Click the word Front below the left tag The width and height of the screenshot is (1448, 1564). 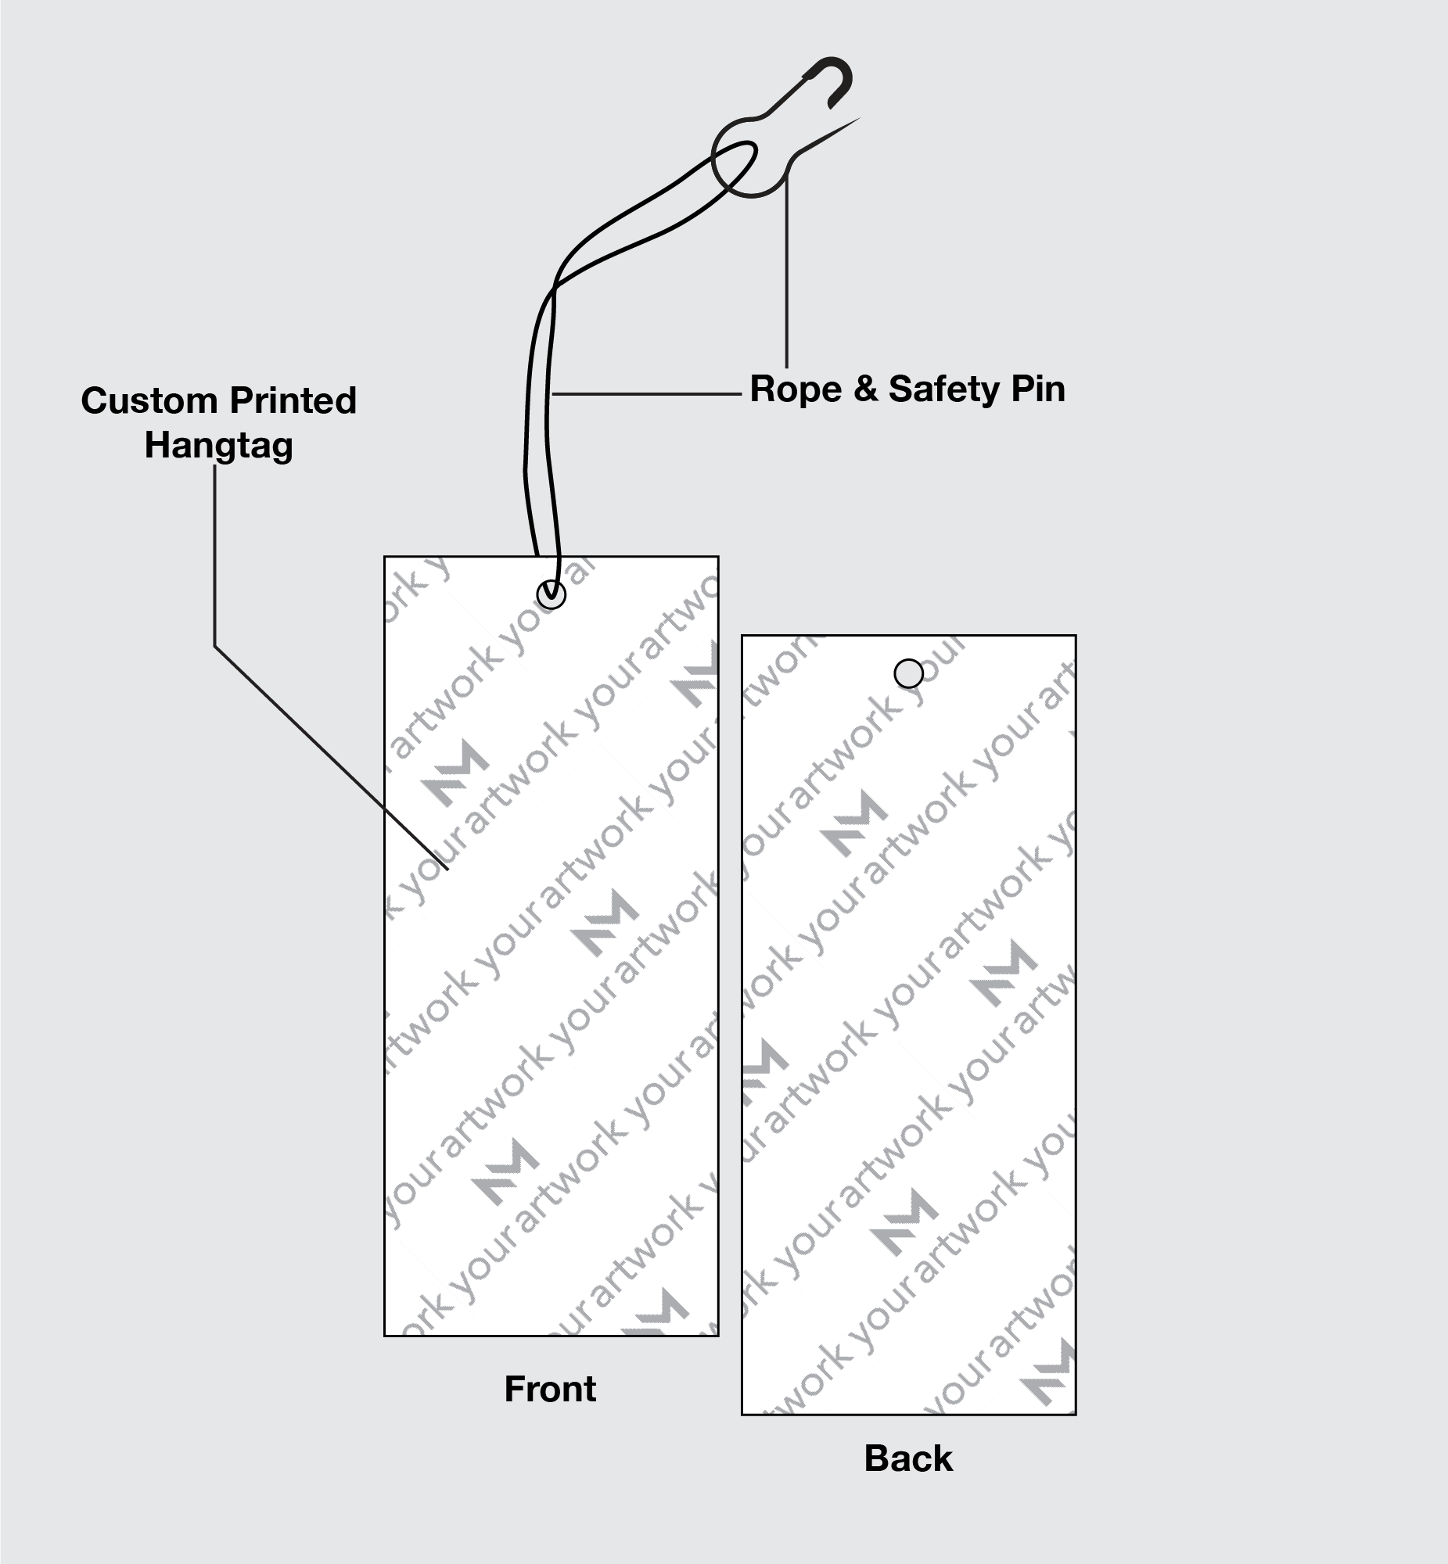tap(550, 1389)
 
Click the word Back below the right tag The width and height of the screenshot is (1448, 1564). tap(908, 1458)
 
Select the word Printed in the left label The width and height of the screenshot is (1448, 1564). tap(293, 401)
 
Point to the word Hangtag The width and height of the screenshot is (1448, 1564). tap(218, 446)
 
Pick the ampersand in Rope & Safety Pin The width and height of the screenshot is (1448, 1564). tap(865, 389)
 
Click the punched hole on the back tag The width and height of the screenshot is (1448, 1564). tap(909, 673)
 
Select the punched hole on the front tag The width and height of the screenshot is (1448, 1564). tap(552, 594)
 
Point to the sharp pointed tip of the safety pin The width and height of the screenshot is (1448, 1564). tap(857, 120)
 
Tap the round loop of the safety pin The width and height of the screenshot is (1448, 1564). tap(750, 157)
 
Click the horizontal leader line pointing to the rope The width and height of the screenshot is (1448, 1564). tap(646, 394)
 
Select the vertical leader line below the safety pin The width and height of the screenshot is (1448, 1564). tap(787, 274)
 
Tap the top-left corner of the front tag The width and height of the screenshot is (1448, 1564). tap(385, 557)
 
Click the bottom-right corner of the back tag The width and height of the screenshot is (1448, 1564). tap(1076, 1415)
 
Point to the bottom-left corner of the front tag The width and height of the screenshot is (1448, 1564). tap(385, 1336)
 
